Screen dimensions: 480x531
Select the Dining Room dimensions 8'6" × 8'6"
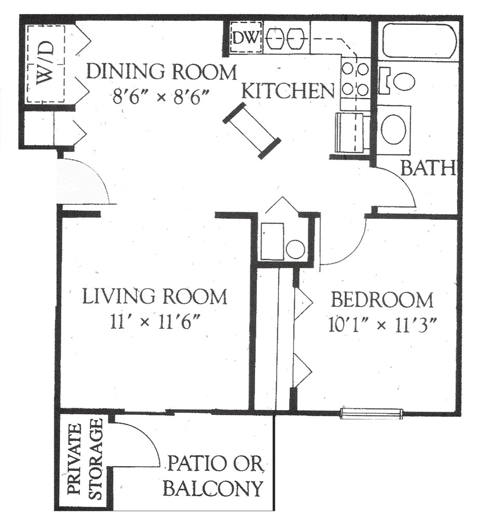(x=160, y=98)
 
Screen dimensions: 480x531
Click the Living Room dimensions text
(x=154, y=322)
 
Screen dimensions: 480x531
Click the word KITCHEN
(x=289, y=91)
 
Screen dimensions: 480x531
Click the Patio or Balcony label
(x=214, y=476)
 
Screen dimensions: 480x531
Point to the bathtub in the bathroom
(x=419, y=40)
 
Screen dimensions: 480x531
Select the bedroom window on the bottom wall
(x=372, y=413)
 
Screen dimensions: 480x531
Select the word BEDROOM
(x=382, y=300)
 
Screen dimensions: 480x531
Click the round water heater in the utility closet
(x=295, y=250)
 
